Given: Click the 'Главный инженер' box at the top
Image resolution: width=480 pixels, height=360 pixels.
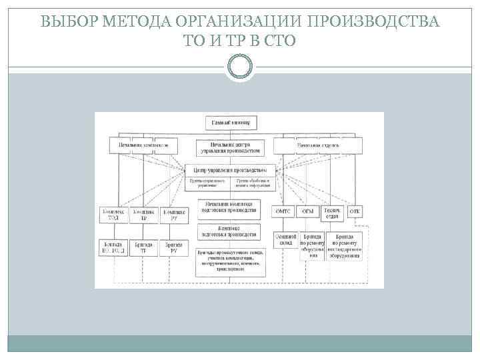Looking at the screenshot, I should pyautogui.click(x=231, y=123).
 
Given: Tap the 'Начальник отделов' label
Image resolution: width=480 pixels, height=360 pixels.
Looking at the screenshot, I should pyautogui.click(x=318, y=144).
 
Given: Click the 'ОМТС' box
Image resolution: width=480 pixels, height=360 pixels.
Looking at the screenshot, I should pyautogui.click(x=283, y=211).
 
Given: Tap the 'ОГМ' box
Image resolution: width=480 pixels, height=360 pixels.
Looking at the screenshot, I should pyautogui.click(x=308, y=211).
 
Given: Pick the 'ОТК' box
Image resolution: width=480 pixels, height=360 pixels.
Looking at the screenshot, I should pyautogui.click(x=355, y=211).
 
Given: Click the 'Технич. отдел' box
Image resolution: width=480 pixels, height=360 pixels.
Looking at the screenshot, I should pyautogui.click(x=331, y=211).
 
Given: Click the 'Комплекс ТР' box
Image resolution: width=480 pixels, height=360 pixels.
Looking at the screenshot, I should pyautogui.click(x=144, y=214).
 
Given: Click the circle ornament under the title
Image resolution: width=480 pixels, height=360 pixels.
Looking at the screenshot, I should pyautogui.click(x=240, y=67).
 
